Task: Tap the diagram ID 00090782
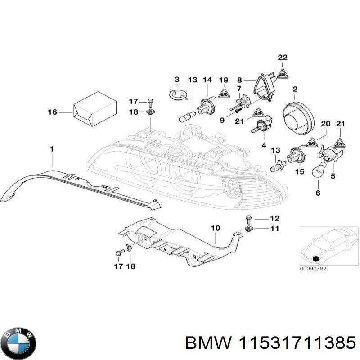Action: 314,269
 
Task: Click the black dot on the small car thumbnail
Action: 316,259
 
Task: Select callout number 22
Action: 282,57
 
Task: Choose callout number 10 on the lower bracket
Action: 216,228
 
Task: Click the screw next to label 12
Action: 248,219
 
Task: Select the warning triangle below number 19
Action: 224,93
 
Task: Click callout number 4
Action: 264,145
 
